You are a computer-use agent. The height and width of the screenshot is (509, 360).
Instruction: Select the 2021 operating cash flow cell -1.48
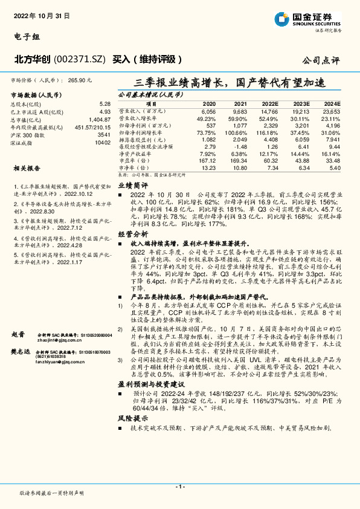240,146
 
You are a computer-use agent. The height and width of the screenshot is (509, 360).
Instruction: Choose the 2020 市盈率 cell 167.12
207,161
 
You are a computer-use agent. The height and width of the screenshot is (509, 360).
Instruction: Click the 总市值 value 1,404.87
100,120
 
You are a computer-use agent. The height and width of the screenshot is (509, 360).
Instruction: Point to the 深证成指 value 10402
102,142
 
